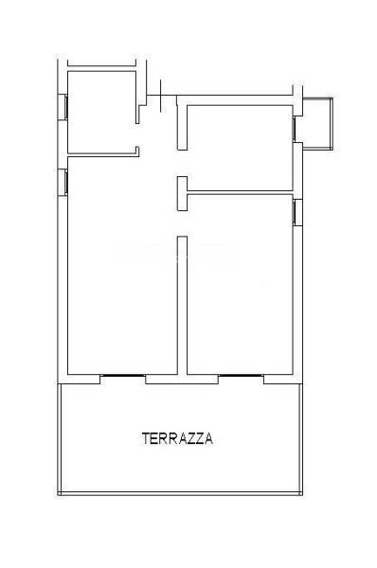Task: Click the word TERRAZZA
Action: click(177, 438)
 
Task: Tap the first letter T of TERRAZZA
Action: click(145, 438)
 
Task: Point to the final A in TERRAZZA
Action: click(208, 438)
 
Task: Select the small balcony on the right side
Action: click(316, 123)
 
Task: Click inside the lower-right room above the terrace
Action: click(242, 284)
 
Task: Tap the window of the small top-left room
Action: click(63, 107)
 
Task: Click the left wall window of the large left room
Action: click(63, 181)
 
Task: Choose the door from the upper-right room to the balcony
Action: click(296, 128)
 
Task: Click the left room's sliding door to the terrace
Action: click(123, 377)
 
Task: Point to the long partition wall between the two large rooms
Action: click(182, 303)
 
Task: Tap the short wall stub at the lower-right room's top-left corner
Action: click(180, 194)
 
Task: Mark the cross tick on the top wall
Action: click(162, 95)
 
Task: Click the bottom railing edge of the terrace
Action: click(180, 495)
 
